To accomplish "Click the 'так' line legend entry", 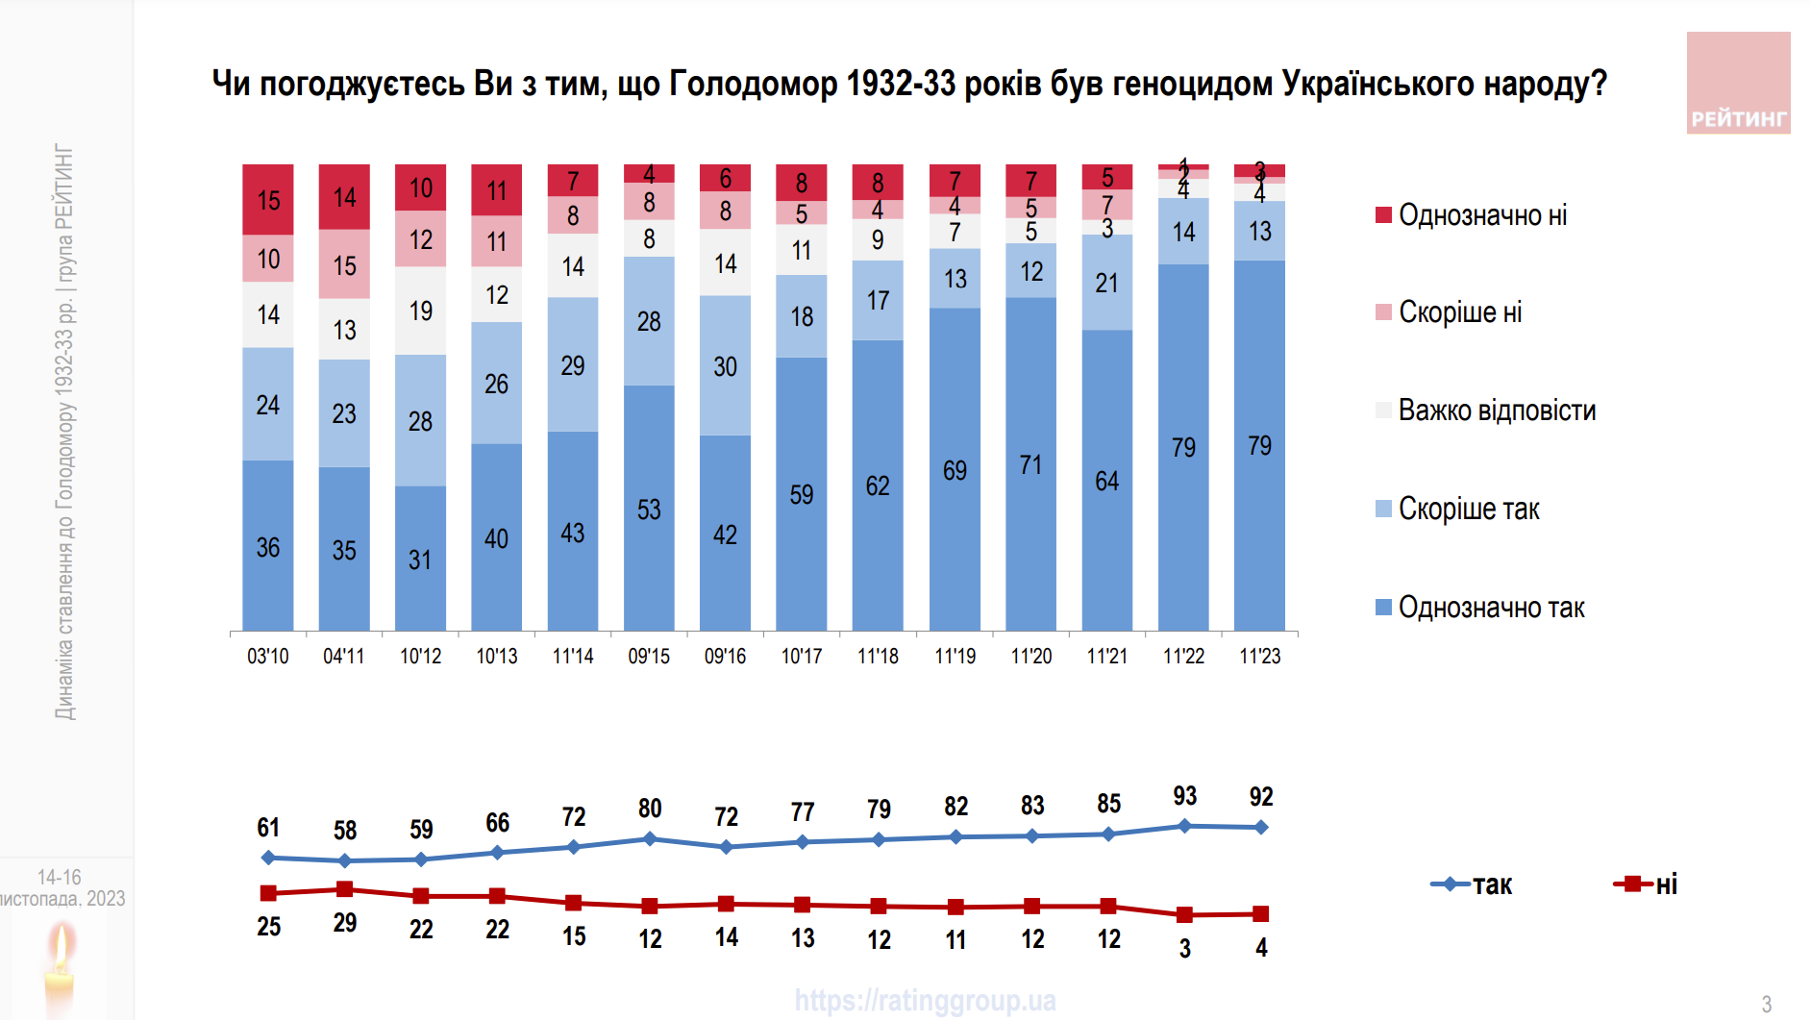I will [x=1473, y=884].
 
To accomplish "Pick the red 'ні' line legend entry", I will [x=1647, y=884].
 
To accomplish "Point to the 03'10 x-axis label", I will [x=267, y=656].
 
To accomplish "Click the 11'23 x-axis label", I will [x=1259, y=656].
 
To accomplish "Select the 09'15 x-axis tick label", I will [x=649, y=656].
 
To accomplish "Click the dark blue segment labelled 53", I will [x=649, y=509].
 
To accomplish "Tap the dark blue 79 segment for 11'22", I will [x=1183, y=447].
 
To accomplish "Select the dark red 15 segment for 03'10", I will [x=268, y=200].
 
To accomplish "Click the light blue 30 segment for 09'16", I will [x=725, y=366].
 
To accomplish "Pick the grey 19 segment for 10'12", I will [x=420, y=311].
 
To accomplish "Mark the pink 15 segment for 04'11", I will [x=344, y=264].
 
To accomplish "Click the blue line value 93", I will [x=1184, y=796].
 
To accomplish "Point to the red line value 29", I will [x=344, y=923].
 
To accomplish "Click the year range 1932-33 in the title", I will [x=901, y=84].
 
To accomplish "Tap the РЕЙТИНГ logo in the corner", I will [x=1738, y=83].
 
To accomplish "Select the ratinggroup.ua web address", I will [x=925, y=1001].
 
